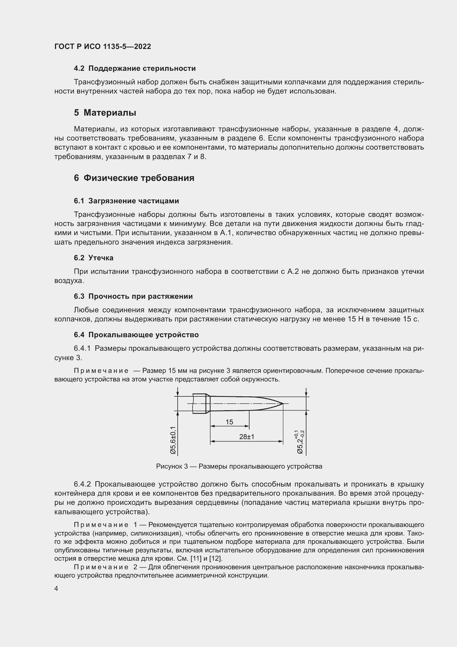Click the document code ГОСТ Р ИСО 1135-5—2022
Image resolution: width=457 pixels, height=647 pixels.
(x=103, y=46)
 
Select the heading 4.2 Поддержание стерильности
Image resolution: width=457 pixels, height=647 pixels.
(x=135, y=69)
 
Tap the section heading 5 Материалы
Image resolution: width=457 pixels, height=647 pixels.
(x=105, y=113)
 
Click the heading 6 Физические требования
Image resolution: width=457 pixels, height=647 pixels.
(x=134, y=178)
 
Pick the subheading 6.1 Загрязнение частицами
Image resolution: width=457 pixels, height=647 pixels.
(x=126, y=201)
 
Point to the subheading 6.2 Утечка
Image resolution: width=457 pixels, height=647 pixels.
(x=93, y=258)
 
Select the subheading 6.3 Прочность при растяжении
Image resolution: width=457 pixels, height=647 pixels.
(x=133, y=297)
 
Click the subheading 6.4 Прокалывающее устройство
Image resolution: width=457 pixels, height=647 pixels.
(x=136, y=335)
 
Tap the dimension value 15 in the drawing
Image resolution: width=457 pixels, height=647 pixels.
(x=229, y=422)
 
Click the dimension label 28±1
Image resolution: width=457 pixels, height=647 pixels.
(x=246, y=436)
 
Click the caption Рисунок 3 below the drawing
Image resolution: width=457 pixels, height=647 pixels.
(x=239, y=466)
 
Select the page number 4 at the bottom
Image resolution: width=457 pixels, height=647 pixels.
(x=56, y=589)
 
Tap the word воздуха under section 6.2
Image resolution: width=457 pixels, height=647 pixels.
(x=69, y=281)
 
